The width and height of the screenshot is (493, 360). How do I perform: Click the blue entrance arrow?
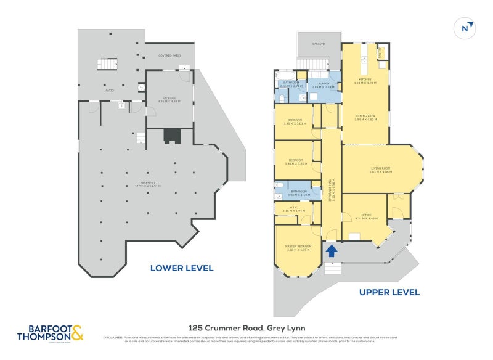point(331,250)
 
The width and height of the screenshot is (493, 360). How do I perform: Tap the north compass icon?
point(467,27)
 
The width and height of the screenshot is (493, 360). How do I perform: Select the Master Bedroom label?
point(299,247)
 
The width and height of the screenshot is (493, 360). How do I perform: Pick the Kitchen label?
point(365,81)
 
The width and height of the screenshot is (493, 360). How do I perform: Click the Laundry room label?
point(323,84)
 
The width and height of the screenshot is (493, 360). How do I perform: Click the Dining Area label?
point(365,117)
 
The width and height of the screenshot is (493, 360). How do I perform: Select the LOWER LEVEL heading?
point(182,268)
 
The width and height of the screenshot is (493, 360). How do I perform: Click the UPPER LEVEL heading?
point(389,292)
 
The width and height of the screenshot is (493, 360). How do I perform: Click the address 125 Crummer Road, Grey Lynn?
point(246,328)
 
